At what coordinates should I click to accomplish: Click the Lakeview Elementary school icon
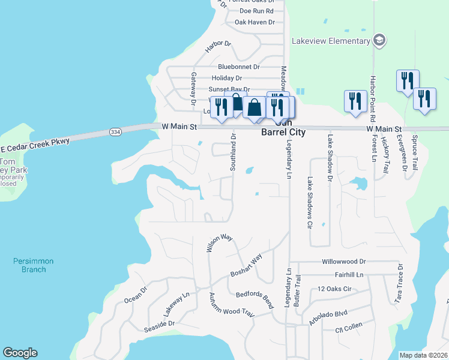click(x=379, y=41)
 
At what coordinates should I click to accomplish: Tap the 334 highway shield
click(x=115, y=131)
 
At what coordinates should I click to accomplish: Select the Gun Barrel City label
click(x=282, y=128)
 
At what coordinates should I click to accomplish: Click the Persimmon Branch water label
click(x=34, y=265)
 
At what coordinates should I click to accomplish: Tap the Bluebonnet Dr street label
click(x=238, y=67)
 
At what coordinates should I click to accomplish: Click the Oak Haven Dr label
click(x=254, y=22)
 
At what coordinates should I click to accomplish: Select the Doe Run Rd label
click(x=256, y=11)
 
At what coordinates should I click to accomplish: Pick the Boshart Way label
click(x=246, y=266)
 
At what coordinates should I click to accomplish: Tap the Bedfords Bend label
click(x=255, y=298)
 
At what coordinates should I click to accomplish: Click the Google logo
click(x=20, y=353)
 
